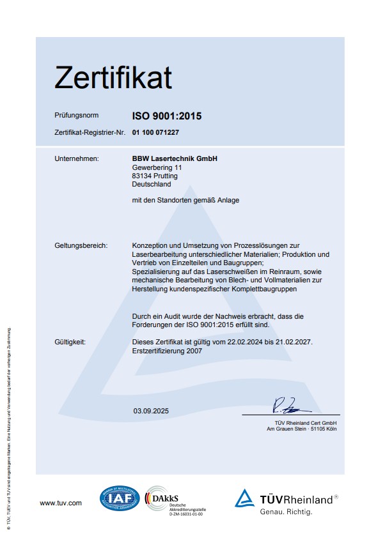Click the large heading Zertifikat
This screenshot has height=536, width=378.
[113, 78]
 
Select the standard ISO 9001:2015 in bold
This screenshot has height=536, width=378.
[166, 116]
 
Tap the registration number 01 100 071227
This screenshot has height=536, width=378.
[155, 132]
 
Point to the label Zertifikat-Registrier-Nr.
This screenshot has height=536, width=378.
[89, 132]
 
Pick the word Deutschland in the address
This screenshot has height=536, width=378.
[151, 184]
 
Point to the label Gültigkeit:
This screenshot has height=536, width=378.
[70, 342]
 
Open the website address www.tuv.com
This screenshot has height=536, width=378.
[61, 503]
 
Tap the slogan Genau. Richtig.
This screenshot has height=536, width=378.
[285, 512]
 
